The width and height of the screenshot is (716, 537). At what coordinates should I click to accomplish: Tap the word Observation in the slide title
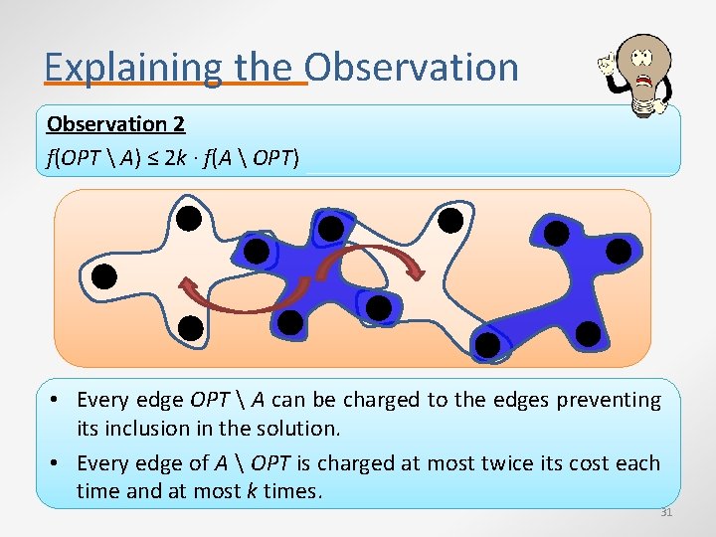click(412, 68)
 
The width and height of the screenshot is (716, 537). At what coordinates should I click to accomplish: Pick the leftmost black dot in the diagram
click(104, 275)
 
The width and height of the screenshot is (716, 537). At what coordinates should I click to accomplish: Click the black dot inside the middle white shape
click(450, 219)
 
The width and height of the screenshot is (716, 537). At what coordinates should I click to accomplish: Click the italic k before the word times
click(250, 491)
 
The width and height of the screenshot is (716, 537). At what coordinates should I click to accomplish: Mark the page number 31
click(666, 513)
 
